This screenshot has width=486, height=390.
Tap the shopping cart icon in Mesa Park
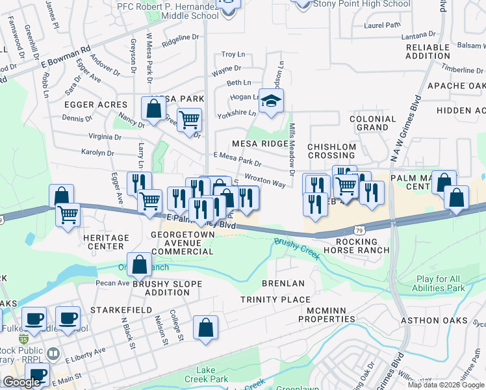[188, 120]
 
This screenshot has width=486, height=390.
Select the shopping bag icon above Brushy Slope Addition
[139, 265]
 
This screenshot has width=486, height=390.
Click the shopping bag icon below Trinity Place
[205, 328]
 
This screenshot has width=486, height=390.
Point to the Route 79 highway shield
[359, 229]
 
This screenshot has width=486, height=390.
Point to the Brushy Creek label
[297, 248]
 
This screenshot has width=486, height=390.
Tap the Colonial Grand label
[373, 123]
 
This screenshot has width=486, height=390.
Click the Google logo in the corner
[21, 382]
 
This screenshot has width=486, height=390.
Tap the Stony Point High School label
[361, 4]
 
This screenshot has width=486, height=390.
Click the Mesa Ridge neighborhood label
[259, 143]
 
